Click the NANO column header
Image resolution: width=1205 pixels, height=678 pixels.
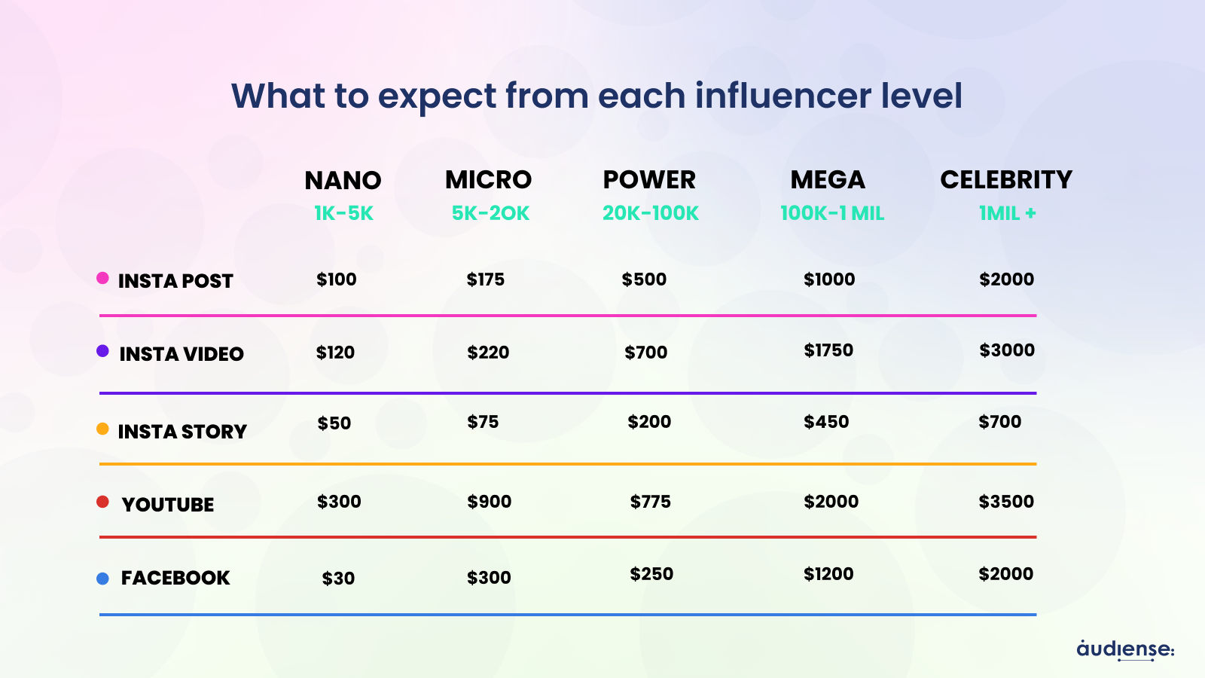[343, 181]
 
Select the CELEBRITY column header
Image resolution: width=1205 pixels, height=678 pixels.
[1006, 180]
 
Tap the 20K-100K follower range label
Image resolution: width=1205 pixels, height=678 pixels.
[651, 213]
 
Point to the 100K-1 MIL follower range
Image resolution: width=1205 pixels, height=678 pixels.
[832, 213]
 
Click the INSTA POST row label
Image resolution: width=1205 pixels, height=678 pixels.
[175, 281]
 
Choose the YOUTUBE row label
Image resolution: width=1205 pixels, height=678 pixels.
[168, 505]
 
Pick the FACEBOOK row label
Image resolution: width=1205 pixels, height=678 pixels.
[175, 578]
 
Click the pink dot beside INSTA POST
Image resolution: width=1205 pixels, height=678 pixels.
[103, 278]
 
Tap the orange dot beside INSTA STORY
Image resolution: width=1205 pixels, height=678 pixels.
[102, 429]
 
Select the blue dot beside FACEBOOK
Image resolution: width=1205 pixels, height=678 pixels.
[102, 579]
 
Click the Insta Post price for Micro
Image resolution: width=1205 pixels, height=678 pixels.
[486, 279]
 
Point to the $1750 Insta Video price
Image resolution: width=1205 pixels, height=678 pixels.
[828, 350]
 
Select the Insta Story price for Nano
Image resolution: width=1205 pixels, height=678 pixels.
[334, 423]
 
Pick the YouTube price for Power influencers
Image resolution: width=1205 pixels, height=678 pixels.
[651, 502]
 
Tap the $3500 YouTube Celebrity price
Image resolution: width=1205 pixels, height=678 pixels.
[1006, 502]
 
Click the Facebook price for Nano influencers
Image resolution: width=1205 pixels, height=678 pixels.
[338, 579]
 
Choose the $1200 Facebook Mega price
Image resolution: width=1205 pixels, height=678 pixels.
[828, 574]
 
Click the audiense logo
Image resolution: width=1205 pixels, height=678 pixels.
[1125, 649]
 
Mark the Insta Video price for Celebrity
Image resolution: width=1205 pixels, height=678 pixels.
[1007, 350]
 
